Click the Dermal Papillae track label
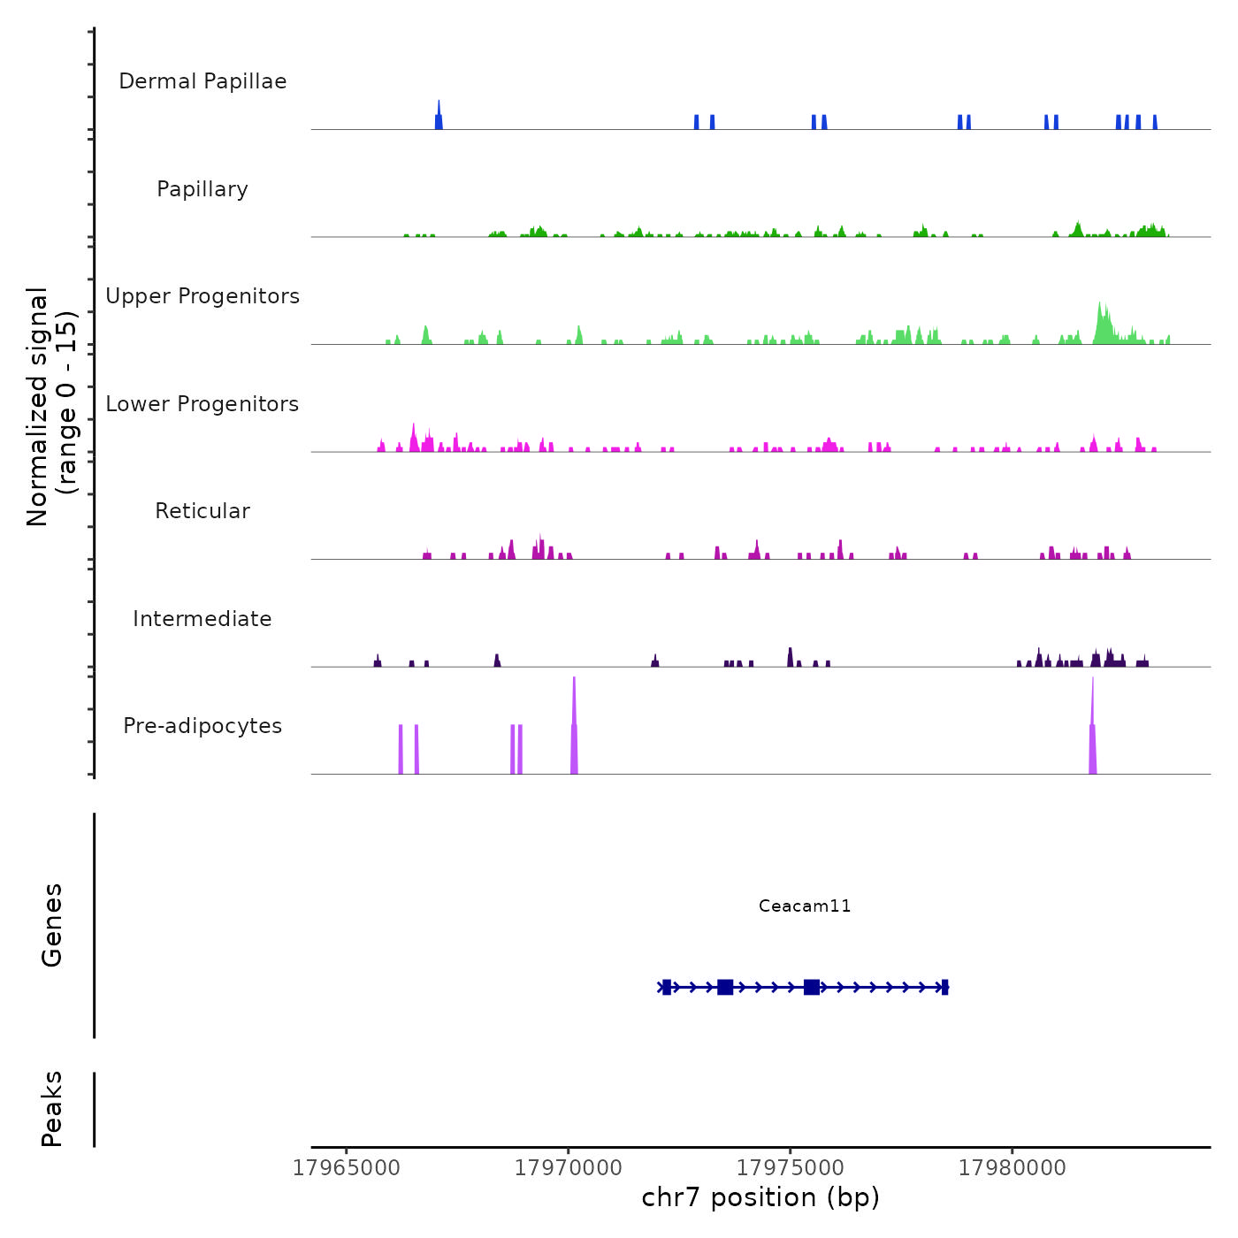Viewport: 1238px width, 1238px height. pos(203,81)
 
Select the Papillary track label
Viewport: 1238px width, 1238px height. pos(203,189)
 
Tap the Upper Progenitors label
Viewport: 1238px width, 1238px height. pos(203,296)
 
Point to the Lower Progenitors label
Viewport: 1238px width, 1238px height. pos(203,404)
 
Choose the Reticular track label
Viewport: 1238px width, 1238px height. pos(203,511)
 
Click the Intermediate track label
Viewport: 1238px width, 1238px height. pos(203,619)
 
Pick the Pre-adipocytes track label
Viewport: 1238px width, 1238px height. pos(203,726)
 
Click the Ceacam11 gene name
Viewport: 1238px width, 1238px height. pos(805,906)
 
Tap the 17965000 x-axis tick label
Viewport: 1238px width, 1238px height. pos(347,1168)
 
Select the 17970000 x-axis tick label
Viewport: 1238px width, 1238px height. pos(569,1168)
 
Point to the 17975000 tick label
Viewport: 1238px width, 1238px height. pos(791,1168)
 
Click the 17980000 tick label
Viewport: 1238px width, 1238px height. pos(1013,1168)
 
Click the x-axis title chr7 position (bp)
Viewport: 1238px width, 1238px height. pos(760,1198)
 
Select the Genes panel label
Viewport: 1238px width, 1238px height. pos(52,925)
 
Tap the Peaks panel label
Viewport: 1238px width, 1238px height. pos(52,1109)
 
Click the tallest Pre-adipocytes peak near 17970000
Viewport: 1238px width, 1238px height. pos(574,725)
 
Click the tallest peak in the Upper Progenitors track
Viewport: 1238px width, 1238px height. pos(1101,323)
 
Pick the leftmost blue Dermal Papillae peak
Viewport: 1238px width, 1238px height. pos(439,117)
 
